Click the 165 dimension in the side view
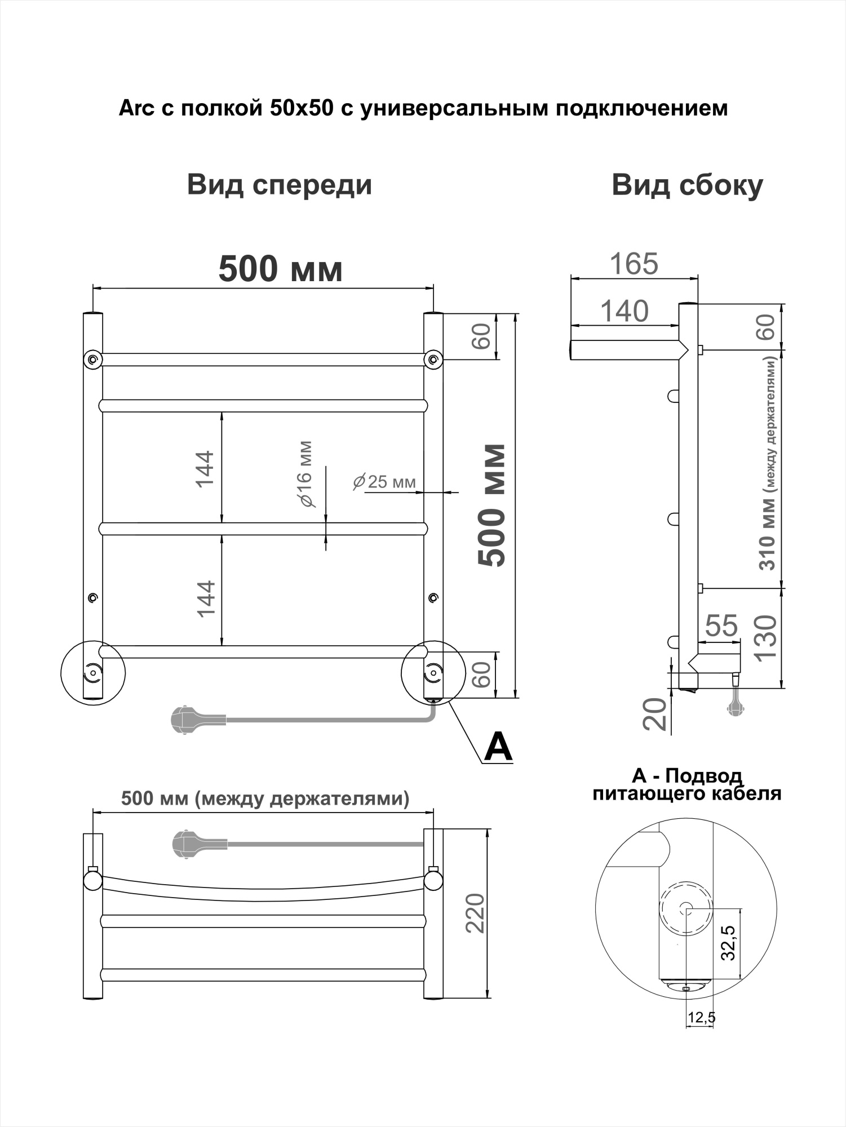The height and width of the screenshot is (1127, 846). coord(634,264)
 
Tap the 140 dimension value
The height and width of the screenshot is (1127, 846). coord(624,311)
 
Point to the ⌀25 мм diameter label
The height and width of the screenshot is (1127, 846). coord(384,482)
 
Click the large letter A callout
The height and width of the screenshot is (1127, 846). coord(498,747)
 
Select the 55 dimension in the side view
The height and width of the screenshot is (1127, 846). coord(721,625)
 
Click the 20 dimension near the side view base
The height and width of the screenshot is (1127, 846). coord(655,715)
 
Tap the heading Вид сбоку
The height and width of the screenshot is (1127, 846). coord(687,185)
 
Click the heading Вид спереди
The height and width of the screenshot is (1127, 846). coord(280,185)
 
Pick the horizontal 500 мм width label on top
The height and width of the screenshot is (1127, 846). coord(280,269)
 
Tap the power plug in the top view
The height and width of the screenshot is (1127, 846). coord(186,844)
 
